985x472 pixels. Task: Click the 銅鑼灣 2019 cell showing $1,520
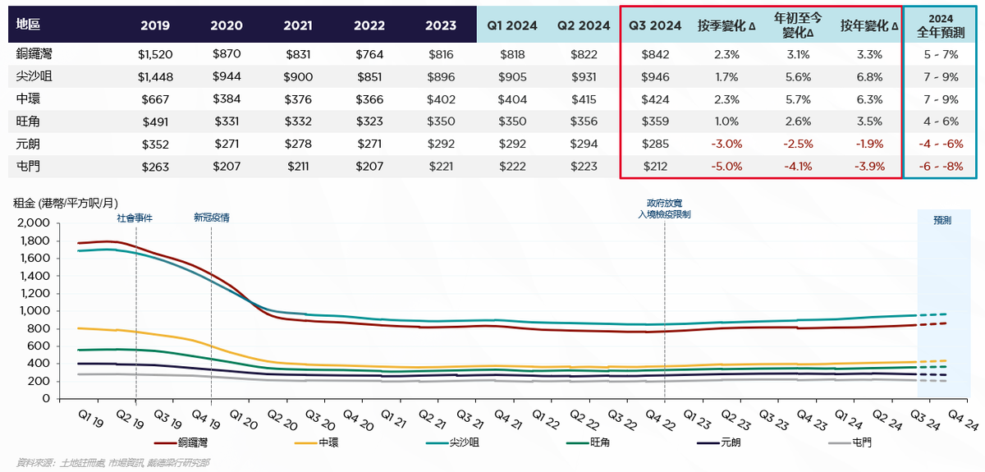[x=155, y=54]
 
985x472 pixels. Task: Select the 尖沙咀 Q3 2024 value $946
[x=655, y=77]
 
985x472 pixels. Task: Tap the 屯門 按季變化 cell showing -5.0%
[x=726, y=167]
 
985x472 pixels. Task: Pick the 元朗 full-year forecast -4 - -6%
[x=941, y=144]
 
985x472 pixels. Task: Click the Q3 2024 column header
[x=655, y=25]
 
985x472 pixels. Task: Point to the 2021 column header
[x=298, y=25]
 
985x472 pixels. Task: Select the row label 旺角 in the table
[x=28, y=121]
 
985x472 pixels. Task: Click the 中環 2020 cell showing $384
[x=227, y=99]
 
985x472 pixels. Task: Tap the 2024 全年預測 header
[x=941, y=25]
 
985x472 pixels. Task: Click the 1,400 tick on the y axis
[x=33, y=276]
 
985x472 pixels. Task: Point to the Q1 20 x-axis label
[x=244, y=419]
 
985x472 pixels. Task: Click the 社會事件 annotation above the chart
[x=135, y=218]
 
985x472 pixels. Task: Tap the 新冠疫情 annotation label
[x=212, y=218]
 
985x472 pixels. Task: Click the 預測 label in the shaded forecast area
[x=942, y=220]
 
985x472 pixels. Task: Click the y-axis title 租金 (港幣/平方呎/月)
[x=66, y=204]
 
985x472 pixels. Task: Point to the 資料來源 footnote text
[x=112, y=463]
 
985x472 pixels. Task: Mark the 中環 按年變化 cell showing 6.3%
[x=869, y=99]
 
